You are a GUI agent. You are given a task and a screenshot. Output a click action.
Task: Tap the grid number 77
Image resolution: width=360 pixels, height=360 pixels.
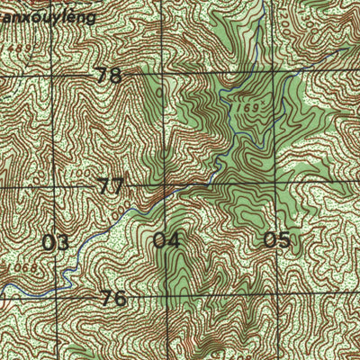click(111, 187)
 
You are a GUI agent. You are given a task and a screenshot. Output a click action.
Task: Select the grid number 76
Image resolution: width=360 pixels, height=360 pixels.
click(113, 298)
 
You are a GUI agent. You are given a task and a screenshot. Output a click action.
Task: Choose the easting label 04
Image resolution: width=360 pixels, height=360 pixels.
click(166, 240)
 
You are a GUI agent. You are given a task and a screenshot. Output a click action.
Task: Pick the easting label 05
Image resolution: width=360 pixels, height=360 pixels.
click(277, 239)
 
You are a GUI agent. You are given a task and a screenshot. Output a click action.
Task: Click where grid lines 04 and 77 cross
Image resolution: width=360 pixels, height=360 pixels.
click(166, 186)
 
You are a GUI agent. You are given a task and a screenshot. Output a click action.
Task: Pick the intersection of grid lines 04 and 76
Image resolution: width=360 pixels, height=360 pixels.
click(166, 296)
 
